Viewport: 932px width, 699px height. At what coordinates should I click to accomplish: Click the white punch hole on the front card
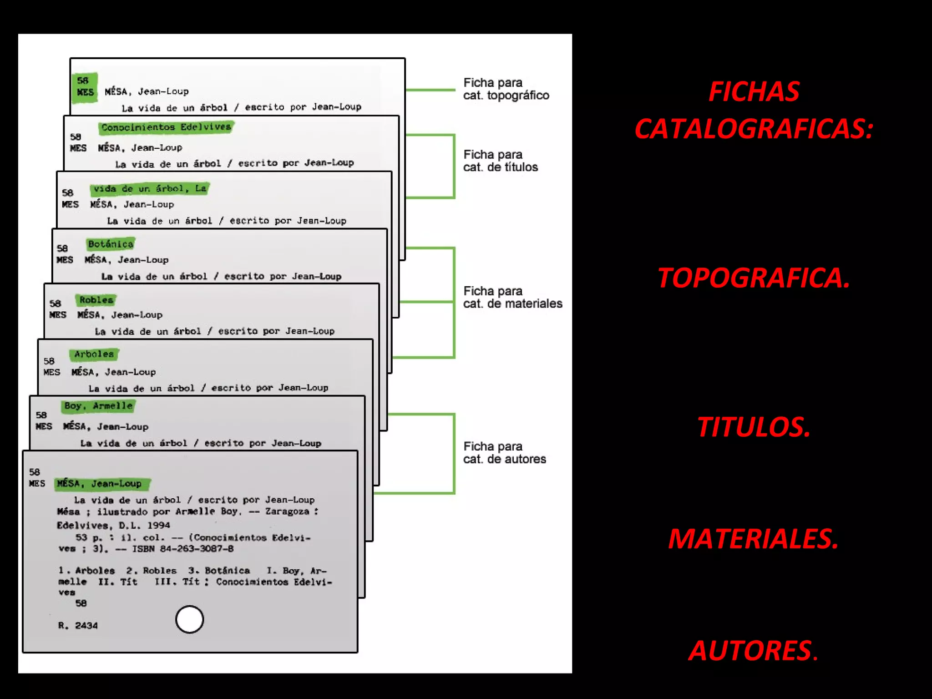pyautogui.click(x=189, y=619)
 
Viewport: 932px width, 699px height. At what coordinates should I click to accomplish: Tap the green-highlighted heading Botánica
pyautogui.click(x=111, y=244)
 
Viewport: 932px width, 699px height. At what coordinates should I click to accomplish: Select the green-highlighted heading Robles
pyautogui.click(x=96, y=300)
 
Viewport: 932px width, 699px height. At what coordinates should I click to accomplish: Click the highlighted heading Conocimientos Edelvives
pyautogui.click(x=166, y=127)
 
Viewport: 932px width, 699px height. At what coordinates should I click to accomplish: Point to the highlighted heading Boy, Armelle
pyautogui.click(x=98, y=406)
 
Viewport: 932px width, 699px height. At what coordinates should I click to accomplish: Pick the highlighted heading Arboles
pyautogui.click(x=94, y=354)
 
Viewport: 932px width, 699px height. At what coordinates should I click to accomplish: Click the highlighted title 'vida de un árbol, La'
pyautogui.click(x=150, y=188)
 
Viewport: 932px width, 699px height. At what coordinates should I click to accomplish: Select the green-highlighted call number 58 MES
pyautogui.click(x=85, y=87)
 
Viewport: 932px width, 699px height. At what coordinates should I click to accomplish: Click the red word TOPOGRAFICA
pyautogui.click(x=753, y=278)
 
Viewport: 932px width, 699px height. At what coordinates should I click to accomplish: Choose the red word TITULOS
pyautogui.click(x=753, y=427)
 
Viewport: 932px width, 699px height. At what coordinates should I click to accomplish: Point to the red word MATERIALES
pyautogui.click(x=753, y=539)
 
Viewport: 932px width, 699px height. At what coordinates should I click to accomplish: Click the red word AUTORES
pyautogui.click(x=753, y=650)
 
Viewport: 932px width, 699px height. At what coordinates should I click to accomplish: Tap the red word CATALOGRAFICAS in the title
pyautogui.click(x=753, y=129)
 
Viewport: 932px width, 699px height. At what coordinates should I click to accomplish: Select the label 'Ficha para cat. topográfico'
pyautogui.click(x=506, y=89)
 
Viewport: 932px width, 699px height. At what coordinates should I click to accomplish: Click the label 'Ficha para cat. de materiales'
pyautogui.click(x=512, y=297)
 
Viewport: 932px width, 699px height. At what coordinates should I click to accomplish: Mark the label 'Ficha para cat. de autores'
pyautogui.click(x=504, y=453)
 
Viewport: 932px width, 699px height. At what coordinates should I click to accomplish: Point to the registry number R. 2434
pyautogui.click(x=78, y=626)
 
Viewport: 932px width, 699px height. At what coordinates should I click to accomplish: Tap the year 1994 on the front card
pyautogui.click(x=158, y=525)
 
